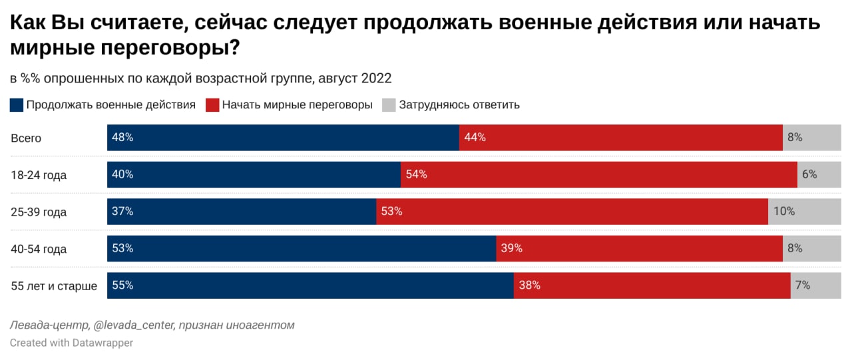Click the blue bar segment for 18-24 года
pyautogui.click(x=254, y=174)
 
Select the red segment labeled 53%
pyautogui.click(x=572, y=212)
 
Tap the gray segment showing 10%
pyautogui.click(x=804, y=212)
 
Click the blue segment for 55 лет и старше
pyautogui.click(x=310, y=285)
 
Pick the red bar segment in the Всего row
pyautogui.click(x=620, y=138)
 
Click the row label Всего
pyautogui.click(x=27, y=138)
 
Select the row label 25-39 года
pyautogui.click(x=39, y=212)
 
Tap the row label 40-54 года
pyautogui.click(x=39, y=249)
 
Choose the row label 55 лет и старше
pyautogui.click(x=54, y=286)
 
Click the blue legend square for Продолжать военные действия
pyautogui.click(x=17, y=105)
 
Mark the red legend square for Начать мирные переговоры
pyautogui.click(x=212, y=105)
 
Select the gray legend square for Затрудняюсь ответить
pyautogui.click(x=389, y=105)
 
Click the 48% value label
pyautogui.click(x=123, y=138)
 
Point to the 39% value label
pyautogui.click(x=511, y=249)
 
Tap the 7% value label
pyautogui.click(x=802, y=285)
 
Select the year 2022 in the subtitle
pyautogui.click(x=376, y=79)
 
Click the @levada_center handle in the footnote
pyautogui.click(x=134, y=325)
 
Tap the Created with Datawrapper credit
pyautogui.click(x=71, y=343)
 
